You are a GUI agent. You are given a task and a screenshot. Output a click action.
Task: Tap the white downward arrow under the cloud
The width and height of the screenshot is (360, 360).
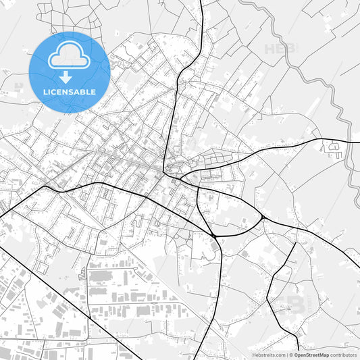coord(70,76)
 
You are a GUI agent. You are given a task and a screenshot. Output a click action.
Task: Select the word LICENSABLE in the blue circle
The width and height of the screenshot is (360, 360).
coord(70,92)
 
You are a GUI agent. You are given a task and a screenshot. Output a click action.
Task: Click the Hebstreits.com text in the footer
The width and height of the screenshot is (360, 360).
coord(269,355)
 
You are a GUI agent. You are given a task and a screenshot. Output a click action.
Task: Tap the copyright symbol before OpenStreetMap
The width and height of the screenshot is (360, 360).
coord(291,355)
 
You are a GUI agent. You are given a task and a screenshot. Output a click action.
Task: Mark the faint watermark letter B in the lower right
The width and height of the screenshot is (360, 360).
coord(296,304)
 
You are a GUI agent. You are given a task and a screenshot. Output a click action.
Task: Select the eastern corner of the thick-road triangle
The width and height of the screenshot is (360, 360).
coord(261,218)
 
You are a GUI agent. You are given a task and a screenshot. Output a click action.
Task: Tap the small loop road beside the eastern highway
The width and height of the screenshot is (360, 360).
coord(334,147)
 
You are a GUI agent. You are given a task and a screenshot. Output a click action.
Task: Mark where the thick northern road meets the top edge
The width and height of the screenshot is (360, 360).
coord(203,1)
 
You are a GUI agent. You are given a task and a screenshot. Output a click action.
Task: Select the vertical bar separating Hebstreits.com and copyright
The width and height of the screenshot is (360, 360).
coord(286,355)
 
